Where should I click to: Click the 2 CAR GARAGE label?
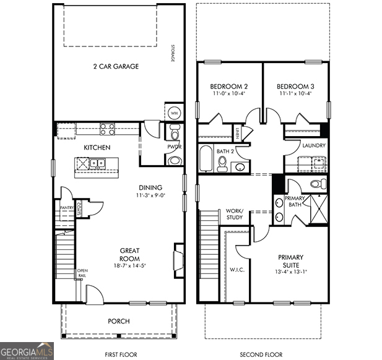coord(116,66)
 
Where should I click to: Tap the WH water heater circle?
coord(174,114)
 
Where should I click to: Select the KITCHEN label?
coord(97,147)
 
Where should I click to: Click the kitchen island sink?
coord(96,164)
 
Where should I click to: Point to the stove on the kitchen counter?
coord(107,129)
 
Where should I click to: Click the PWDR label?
coord(174,147)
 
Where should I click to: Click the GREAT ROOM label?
coord(129,254)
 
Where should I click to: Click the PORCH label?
coord(118,321)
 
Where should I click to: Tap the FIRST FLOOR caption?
coord(118,354)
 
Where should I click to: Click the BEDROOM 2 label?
coord(229,86)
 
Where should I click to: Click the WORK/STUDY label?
coord(235,214)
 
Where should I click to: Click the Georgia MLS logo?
coord(27,350)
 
